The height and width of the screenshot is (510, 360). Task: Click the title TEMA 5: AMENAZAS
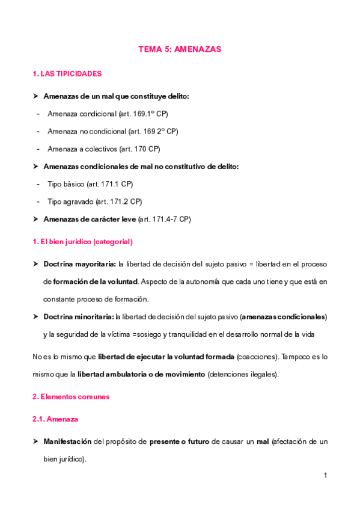click(x=180, y=50)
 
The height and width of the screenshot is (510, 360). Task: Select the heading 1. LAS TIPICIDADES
click(x=67, y=74)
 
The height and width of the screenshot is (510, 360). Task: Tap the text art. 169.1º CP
click(x=144, y=114)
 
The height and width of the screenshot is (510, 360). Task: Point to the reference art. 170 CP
click(x=141, y=149)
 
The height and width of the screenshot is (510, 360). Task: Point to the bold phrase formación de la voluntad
click(x=96, y=281)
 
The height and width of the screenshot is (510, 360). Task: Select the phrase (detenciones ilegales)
click(x=243, y=374)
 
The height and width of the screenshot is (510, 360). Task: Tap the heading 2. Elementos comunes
click(x=71, y=397)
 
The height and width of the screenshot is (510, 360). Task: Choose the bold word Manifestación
click(x=67, y=441)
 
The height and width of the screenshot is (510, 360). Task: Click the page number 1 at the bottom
click(x=325, y=476)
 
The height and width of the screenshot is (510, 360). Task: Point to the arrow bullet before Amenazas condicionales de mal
click(x=36, y=167)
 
